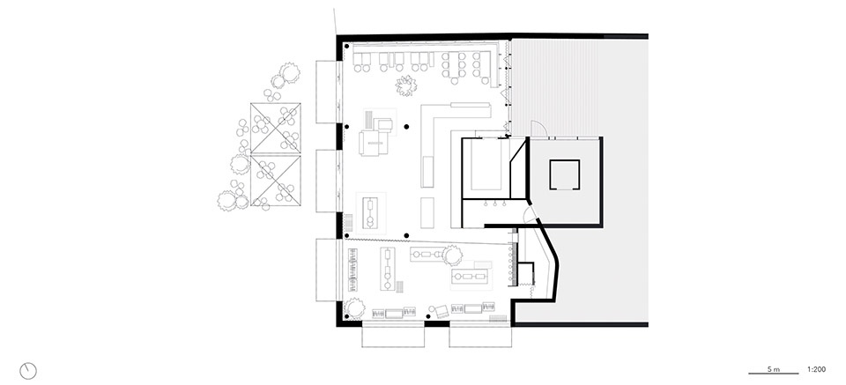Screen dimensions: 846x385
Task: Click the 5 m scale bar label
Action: [773, 370]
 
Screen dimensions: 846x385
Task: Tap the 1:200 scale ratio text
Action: [816, 370]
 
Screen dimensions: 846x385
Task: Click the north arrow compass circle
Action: [28, 371]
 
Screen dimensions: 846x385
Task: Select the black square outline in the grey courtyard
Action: [564, 174]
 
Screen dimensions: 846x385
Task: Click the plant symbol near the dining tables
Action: [405, 86]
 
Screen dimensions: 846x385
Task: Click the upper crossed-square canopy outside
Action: [275, 127]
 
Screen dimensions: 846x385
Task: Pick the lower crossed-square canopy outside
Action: [275, 179]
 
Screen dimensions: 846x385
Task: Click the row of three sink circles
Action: [494, 204]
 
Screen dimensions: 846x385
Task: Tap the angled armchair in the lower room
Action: [439, 310]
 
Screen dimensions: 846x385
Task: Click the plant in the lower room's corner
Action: [355, 307]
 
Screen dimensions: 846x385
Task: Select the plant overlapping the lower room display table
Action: [452, 255]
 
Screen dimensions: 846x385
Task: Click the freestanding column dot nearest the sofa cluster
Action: [406, 127]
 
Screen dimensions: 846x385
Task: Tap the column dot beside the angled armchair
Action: [428, 317]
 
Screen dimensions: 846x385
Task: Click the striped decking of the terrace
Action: [554, 86]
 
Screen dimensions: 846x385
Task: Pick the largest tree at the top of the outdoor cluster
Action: [290, 72]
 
